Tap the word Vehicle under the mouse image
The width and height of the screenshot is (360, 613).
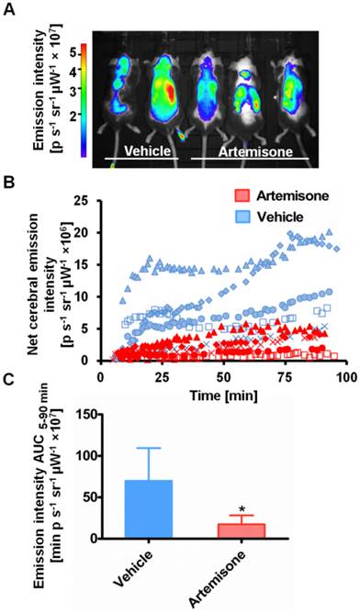[146, 149]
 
